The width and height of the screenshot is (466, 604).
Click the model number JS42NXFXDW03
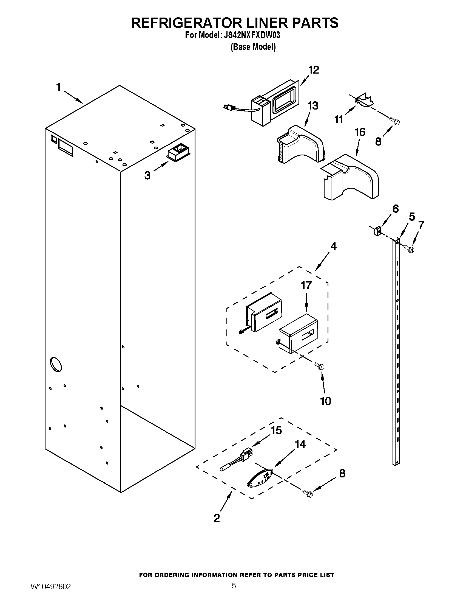[x=250, y=35]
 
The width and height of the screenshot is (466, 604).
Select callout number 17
[x=306, y=285]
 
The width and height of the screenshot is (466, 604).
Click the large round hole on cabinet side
[x=55, y=364]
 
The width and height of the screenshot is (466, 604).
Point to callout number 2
[x=217, y=518]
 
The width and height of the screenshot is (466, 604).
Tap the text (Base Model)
[x=253, y=47]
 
